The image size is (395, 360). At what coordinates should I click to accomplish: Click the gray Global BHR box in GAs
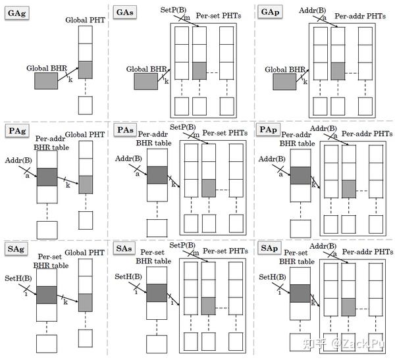click(146, 81)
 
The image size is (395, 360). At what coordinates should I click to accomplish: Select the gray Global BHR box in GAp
click(284, 81)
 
